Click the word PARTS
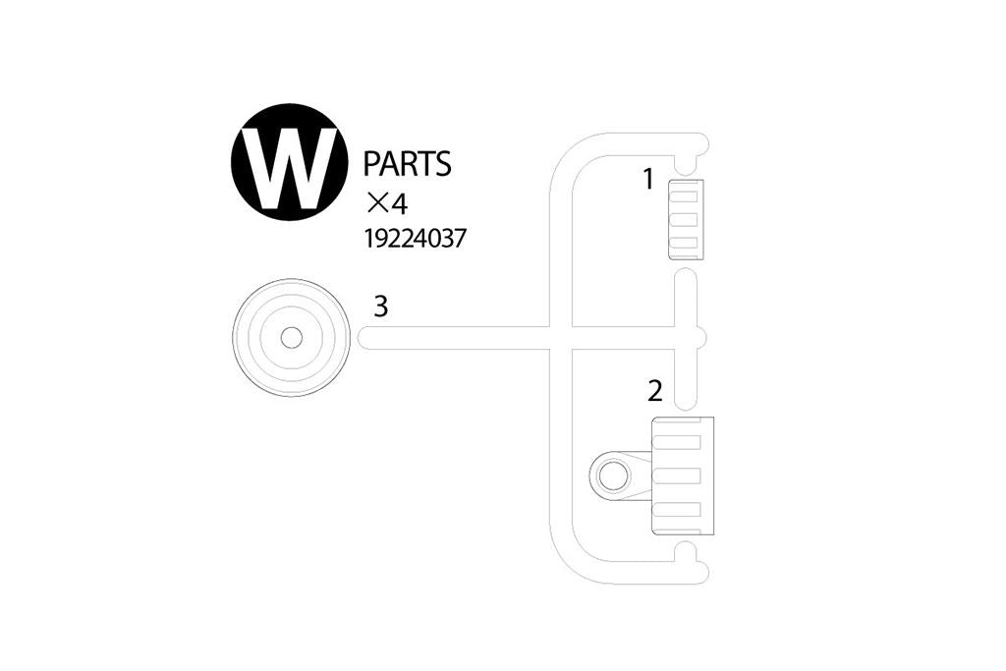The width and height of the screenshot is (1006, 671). (407, 164)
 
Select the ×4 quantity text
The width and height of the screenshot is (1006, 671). (386, 203)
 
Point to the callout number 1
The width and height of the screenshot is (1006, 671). (647, 180)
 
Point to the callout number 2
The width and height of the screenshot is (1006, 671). (655, 391)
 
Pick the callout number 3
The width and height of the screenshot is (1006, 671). (381, 307)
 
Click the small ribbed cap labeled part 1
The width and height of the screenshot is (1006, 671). (684, 219)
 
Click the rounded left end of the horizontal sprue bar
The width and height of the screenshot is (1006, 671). (363, 338)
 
